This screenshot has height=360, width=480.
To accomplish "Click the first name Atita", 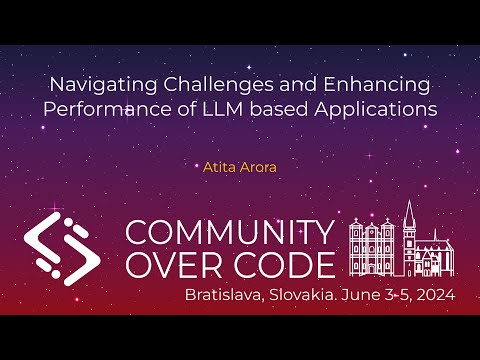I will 218,167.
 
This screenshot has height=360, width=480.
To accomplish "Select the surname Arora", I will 258,167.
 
